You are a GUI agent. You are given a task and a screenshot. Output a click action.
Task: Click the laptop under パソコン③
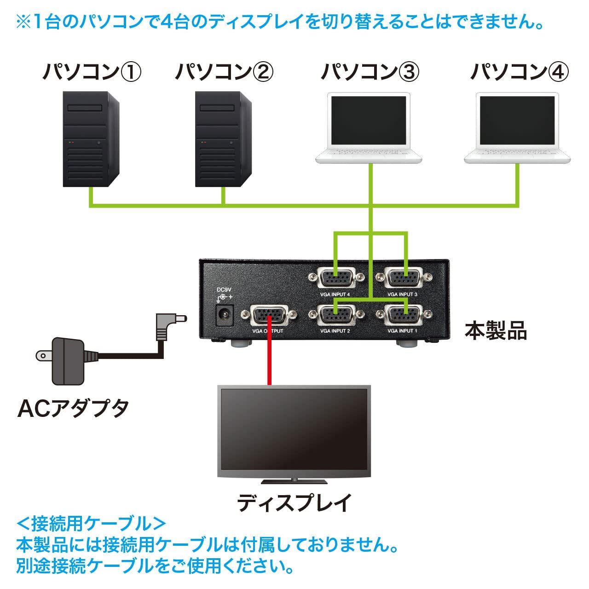(x=369, y=129)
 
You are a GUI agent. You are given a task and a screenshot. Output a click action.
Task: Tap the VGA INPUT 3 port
(x=404, y=278)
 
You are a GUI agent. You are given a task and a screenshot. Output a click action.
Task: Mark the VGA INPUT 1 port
(x=404, y=315)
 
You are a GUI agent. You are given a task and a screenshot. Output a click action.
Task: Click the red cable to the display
(x=269, y=359)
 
